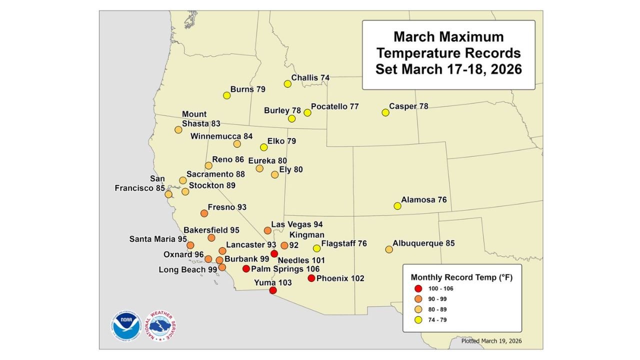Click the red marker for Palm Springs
[246, 269]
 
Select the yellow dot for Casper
[385, 112]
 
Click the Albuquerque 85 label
[423, 243]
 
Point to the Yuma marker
[272, 290]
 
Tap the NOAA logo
[126, 327]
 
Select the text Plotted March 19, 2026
[494, 341]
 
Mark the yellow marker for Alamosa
[397, 205]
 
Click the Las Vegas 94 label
[297, 224]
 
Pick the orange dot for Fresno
[204, 213]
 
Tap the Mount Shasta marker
[178, 130]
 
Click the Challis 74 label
[310, 78]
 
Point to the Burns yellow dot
[226, 95]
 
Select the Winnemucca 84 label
[221, 136]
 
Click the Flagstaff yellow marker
[316, 248]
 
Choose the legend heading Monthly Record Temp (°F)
[461, 277]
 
